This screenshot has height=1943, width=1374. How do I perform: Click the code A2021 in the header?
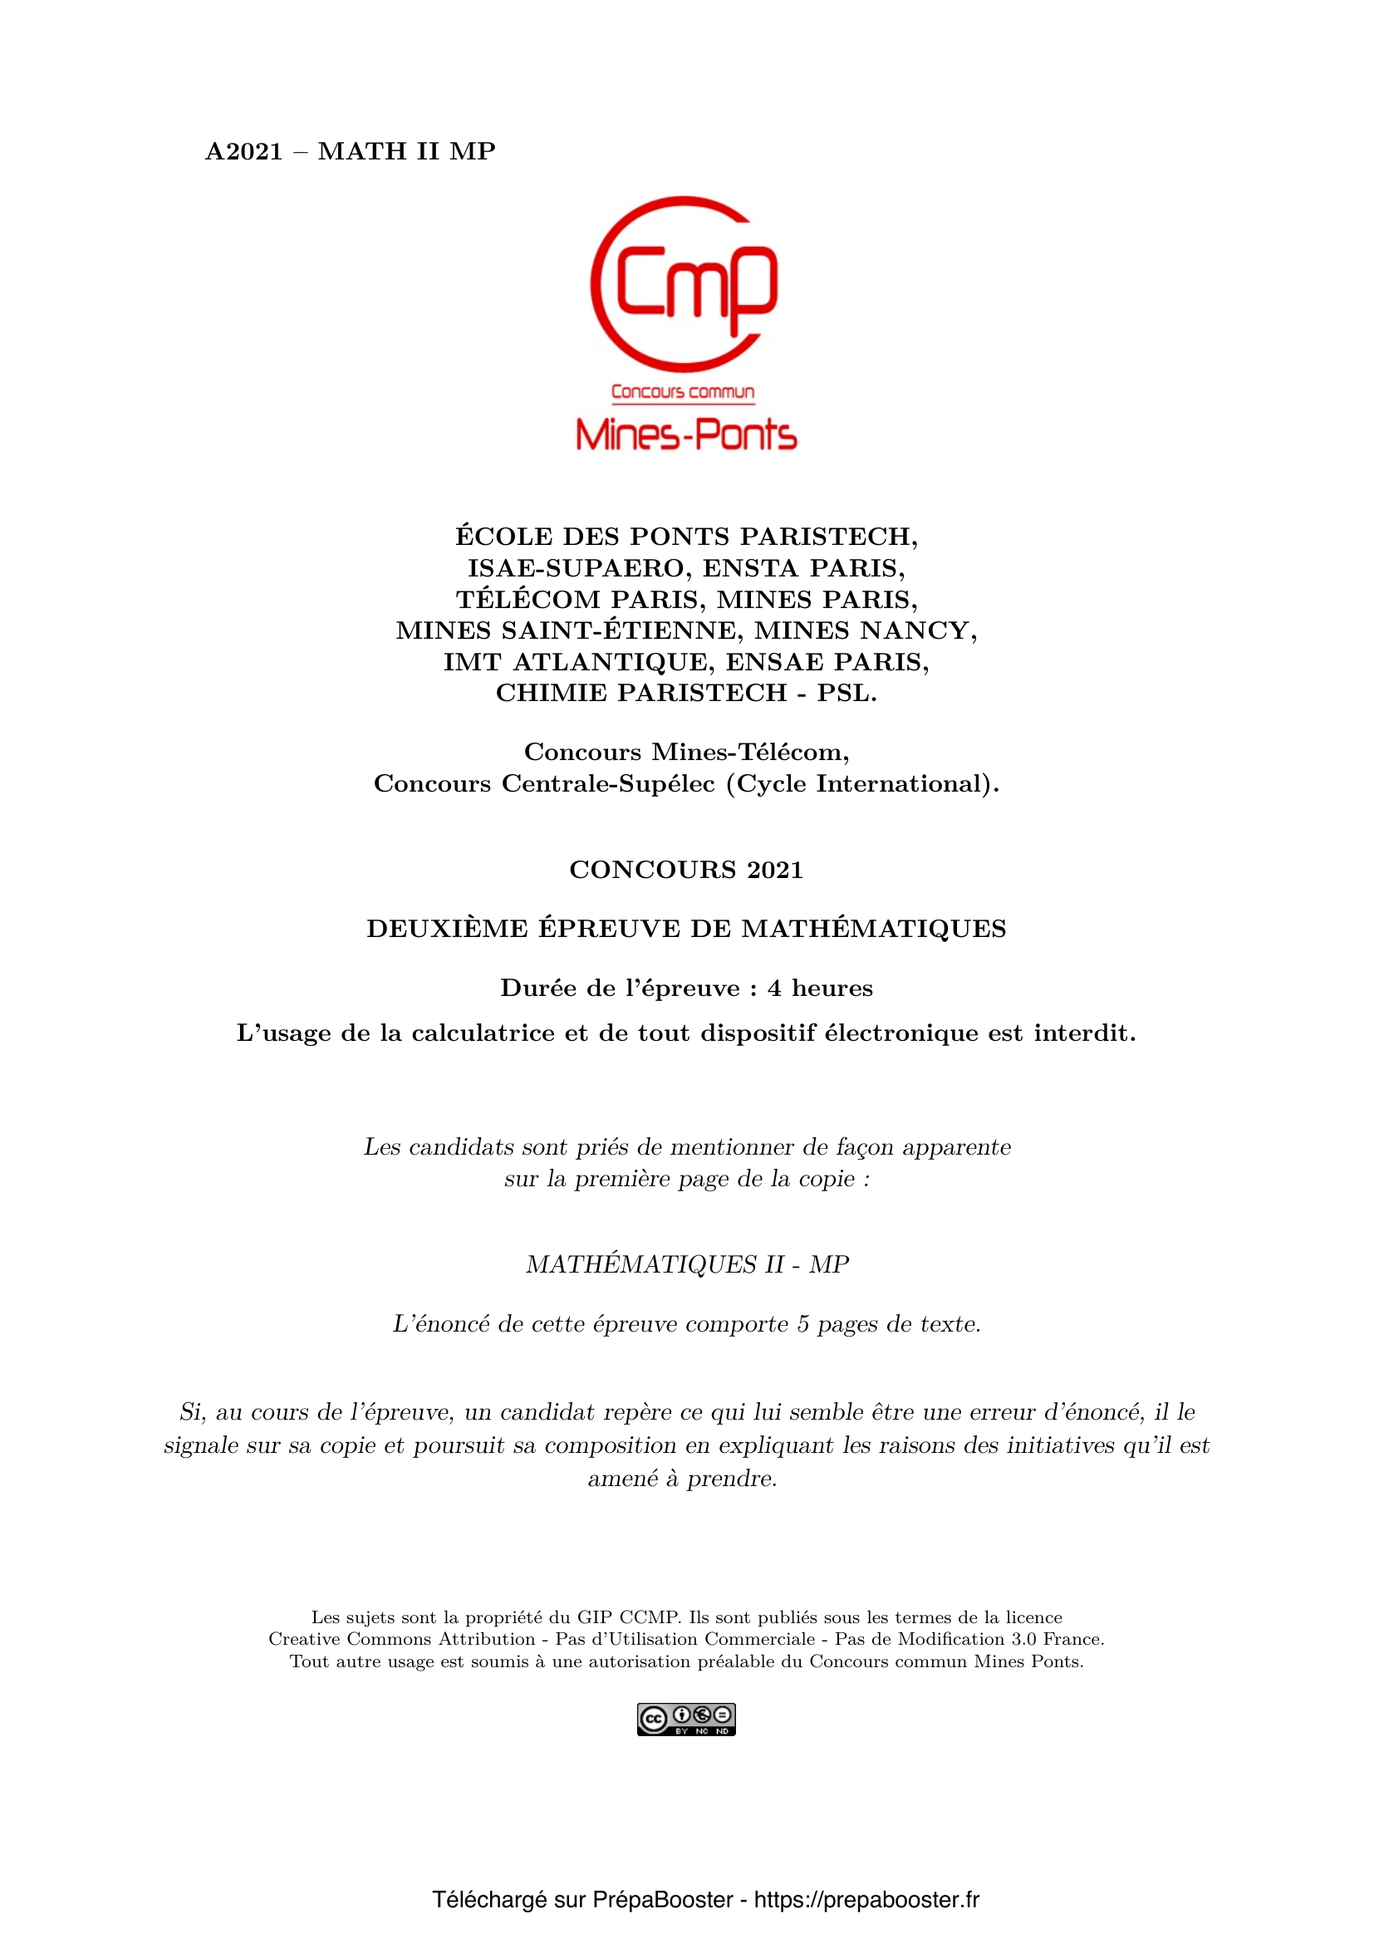pyautogui.click(x=243, y=151)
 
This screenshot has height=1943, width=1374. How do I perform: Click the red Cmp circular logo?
pyautogui.click(x=684, y=284)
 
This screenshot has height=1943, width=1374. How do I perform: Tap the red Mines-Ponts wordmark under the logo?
pyautogui.click(x=686, y=434)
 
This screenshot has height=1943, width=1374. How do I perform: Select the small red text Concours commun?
pyautogui.click(x=683, y=392)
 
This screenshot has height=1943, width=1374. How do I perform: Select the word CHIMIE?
pyautogui.click(x=551, y=693)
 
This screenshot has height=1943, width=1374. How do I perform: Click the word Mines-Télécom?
pyautogui.click(x=750, y=752)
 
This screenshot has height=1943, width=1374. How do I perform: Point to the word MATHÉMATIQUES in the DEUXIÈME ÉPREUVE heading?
pyautogui.click(x=874, y=929)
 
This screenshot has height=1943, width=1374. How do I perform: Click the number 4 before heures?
pyautogui.click(x=774, y=989)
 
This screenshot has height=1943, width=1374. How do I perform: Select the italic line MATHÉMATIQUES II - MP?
pyautogui.click(x=687, y=1263)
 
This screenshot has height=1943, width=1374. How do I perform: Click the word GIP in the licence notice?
pyautogui.click(x=594, y=1617)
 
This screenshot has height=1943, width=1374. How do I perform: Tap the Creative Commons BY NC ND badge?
pyautogui.click(x=686, y=1720)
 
